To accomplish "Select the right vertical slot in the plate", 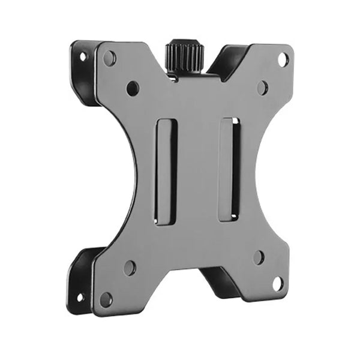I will click(x=230, y=169).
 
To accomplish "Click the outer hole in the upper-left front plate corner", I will click(x=109, y=58).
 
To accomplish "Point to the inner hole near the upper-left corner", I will click(x=133, y=88).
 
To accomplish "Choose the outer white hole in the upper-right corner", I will click(x=282, y=59).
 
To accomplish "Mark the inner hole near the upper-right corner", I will click(x=262, y=88).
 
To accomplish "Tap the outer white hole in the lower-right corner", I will click(x=277, y=283).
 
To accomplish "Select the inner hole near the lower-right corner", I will click(x=259, y=257).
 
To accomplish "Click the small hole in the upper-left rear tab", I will click(x=82, y=57).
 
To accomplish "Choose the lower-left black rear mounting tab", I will click(x=81, y=282).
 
